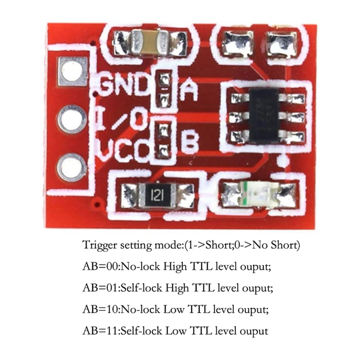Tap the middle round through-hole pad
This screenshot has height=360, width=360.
coord(72,119)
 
